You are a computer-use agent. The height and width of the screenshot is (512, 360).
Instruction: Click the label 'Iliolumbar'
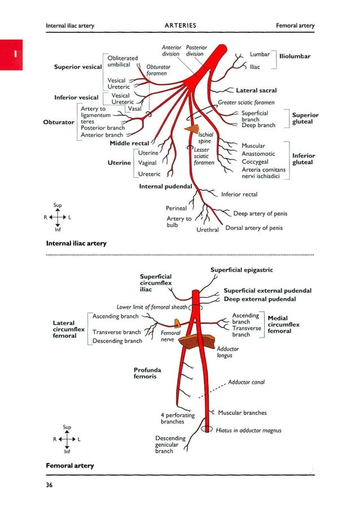pyautogui.click(x=295, y=56)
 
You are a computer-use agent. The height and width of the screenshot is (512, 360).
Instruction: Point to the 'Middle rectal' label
pyautogui.click(x=129, y=144)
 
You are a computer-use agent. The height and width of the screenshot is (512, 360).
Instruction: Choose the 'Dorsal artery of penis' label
pyautogui.click(x=254, y=228)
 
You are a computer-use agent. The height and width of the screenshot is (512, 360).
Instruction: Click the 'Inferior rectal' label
pyautogui.click(x=239, y=194)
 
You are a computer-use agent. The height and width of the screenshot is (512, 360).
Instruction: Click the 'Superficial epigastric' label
pyautogui.click(x=242, y=270)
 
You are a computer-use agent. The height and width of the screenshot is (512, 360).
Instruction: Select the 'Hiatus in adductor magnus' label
pyautogui.click(x=248, y=430)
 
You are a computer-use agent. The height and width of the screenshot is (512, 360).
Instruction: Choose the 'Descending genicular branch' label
pyautogui.click(x=170, y=444)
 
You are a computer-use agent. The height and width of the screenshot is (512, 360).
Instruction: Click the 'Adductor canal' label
pyautogui.click(x=246, y=382)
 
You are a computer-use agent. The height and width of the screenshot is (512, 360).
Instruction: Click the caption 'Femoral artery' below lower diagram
pyautogui.click(x=69, y=466)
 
